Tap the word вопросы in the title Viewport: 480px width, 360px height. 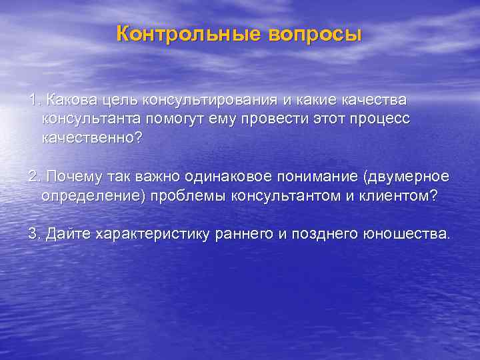tap(315, 33)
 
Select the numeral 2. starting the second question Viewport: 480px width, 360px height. tap(35, 177)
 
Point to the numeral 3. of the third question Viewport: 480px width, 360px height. tap(35, 235)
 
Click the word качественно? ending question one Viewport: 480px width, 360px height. tap(92, 139)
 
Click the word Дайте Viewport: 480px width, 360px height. tap(68, 235)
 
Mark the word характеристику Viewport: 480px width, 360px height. tap(153, 235)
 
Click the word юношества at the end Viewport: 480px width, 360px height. tap(407, 235)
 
